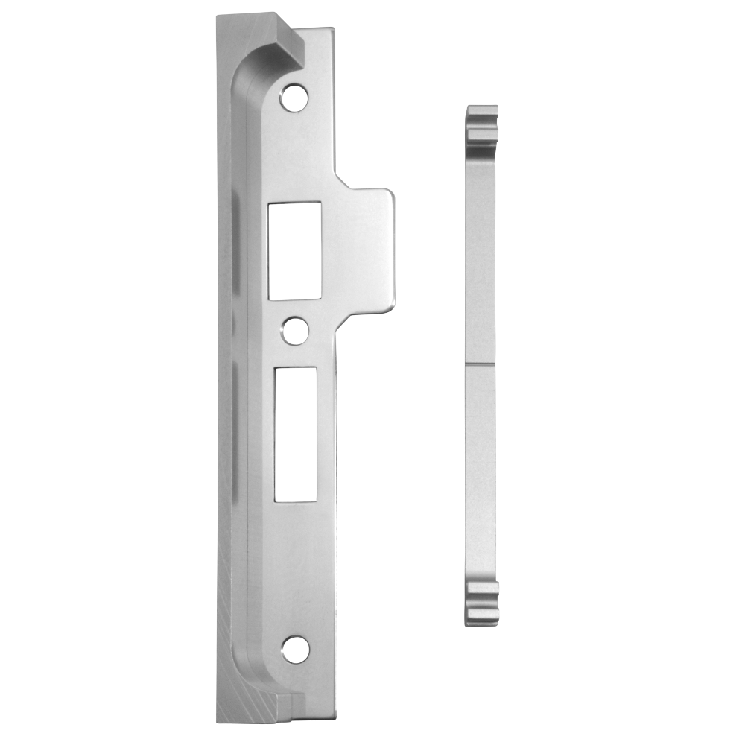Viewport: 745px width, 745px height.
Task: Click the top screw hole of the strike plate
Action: tap(294, 97)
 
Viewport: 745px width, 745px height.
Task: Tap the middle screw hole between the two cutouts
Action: tap(296, 330)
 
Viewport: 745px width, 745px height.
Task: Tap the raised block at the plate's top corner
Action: tap(291, 41)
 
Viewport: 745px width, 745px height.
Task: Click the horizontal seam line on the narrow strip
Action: tap(481, 364)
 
